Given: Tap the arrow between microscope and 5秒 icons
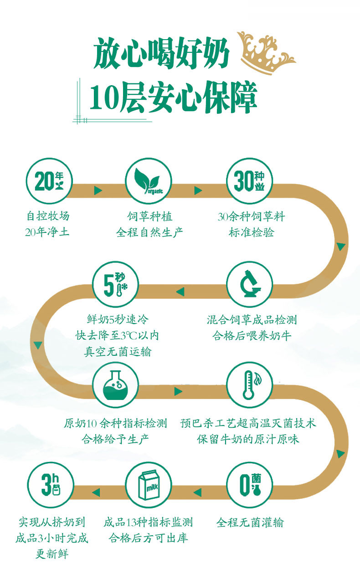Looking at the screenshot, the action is tap(180, 292).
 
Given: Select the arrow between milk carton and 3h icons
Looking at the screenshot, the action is tap(96, 492).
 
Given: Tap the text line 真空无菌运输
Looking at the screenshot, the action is tap(117, 352).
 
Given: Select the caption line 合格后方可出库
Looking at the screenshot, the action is tap(148, 538).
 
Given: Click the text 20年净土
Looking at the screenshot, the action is tap(47, 232).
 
